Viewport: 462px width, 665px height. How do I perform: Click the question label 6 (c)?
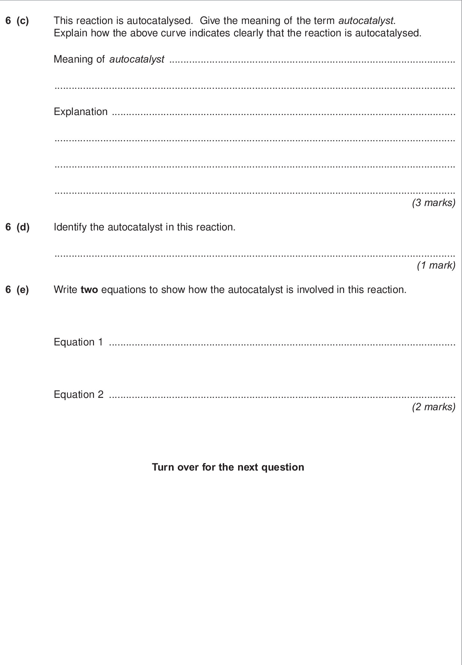(x=17, y=21)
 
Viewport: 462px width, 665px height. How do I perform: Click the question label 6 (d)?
(x=17, y=227)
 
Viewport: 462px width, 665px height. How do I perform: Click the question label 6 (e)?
(x=17, y=290)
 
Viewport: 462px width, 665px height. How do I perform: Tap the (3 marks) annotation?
(x=433, y=203)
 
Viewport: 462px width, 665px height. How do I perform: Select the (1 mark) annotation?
(x=436, y=265)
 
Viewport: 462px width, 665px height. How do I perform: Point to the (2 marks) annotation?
(x=433, y=407)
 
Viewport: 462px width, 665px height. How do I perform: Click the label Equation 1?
(x=78, y=342)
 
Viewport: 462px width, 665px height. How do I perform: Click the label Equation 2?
(x=78, y=395)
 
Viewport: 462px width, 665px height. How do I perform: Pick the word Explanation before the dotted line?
(x=81, y=112)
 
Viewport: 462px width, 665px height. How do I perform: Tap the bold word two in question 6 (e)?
(x=89, y=290)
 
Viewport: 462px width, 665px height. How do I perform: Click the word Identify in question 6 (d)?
(x=68, y=227)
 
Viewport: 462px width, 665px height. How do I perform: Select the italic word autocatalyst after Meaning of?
(x=136, y=59)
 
